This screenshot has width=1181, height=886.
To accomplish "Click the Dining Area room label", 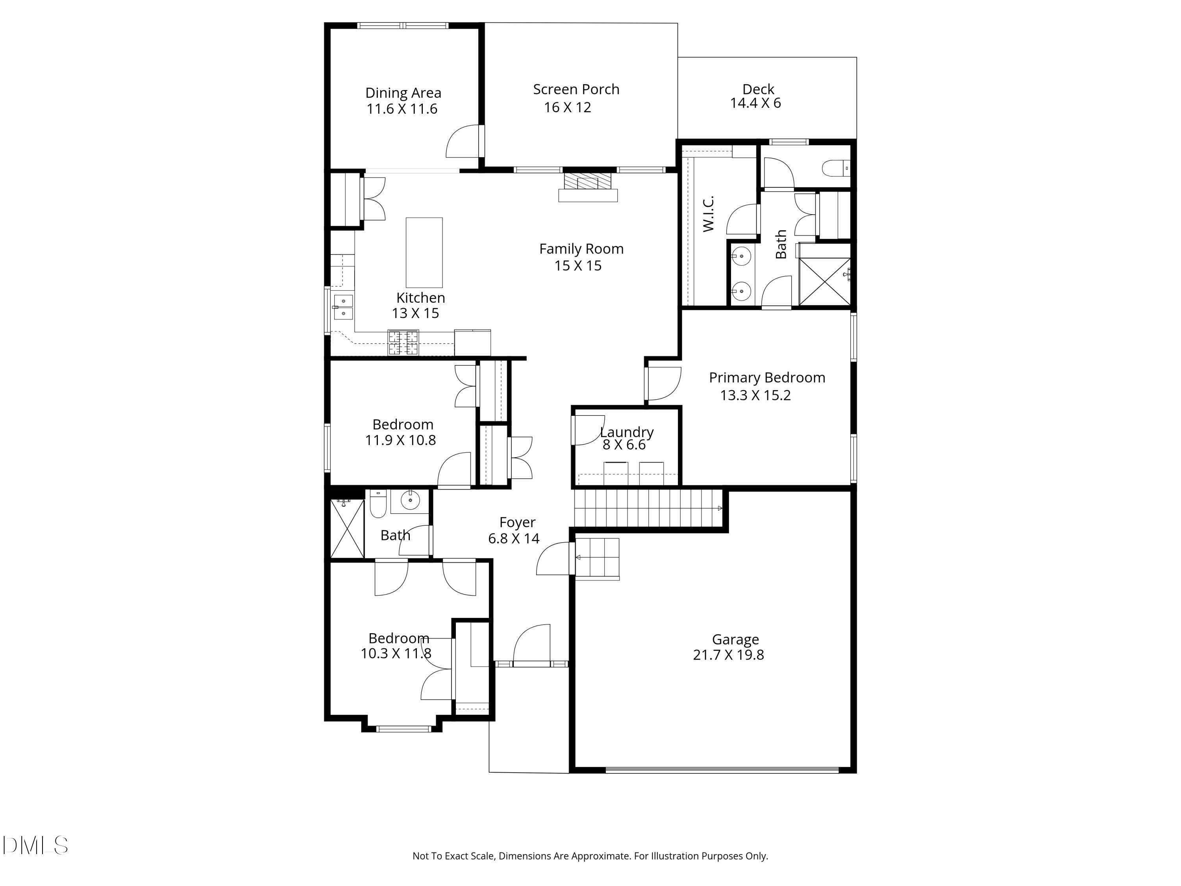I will tap(403, 93).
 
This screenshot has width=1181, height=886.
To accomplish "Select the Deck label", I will tap(758, 89).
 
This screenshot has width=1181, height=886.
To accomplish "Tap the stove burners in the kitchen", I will tap(403, 342).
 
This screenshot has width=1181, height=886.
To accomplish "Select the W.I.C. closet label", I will tap(708, 213).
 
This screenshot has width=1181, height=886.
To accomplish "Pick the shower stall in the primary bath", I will tap(824, 282).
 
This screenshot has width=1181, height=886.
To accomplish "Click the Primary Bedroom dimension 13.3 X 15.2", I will tap(755, 395).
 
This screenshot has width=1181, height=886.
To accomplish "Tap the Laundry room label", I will tap(626, 432).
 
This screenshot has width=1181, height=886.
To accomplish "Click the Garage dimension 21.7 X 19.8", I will tap(728, 655).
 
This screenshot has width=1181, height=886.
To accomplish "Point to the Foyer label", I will tap(517, 522).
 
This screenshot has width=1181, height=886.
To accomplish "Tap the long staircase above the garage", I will tap(648, 508).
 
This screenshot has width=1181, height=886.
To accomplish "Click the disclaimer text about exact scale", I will tap(590, 856).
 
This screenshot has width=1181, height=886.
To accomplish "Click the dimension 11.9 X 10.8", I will tap(400, 440).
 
